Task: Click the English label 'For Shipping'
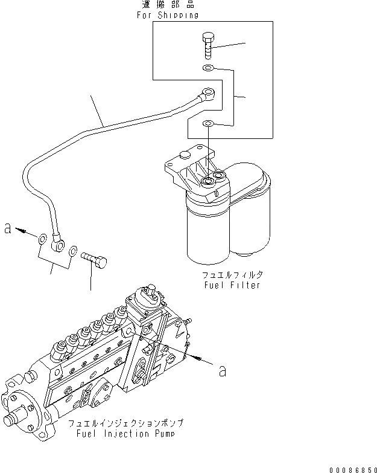pyautogui.click(x=166, y=16)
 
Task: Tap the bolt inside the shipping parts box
pyautogui.click(x=207, y=46)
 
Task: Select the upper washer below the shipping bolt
pyautogui.click(x=208, y=68)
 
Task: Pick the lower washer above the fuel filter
pyautogui.click(x=208, y=124)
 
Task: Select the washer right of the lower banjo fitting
pyautogui.click(x=73, y=249)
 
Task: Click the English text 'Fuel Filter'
pyautogui.click(x=232, y=285)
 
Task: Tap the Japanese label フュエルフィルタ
pyautogui.click(x=233, y=275)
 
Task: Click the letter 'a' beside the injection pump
pyautogui.click(x=222, y=370)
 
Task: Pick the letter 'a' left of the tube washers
pyautogui.click(x=8, y=228)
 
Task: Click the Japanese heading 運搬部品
pyautogui.click(x=166, y=5)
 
